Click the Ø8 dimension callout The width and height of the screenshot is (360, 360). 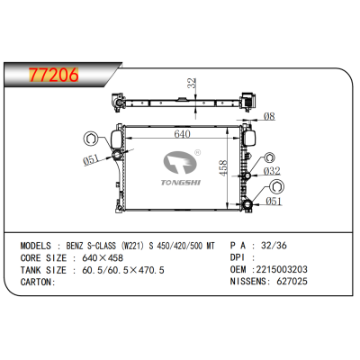coord(268,115)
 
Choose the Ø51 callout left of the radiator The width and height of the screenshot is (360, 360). coord(91,161)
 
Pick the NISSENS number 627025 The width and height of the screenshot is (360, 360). coord(292,281)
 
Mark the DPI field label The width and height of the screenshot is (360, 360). coord(238,257)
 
